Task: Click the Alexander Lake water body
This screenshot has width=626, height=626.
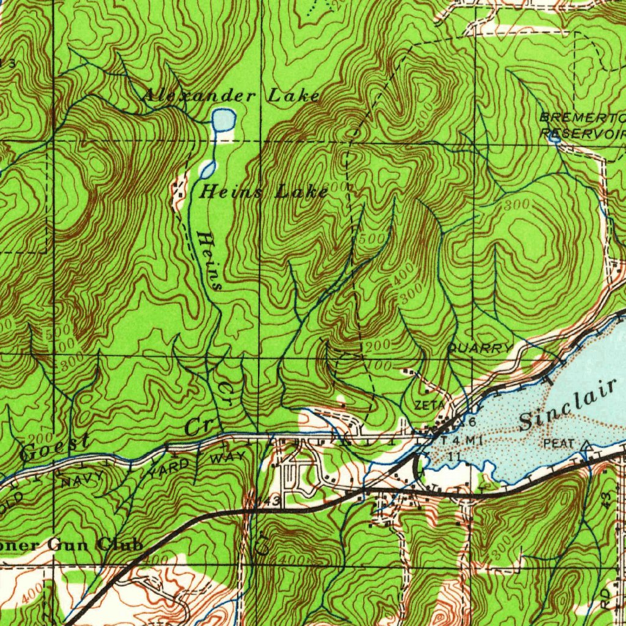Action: (x=223, y=119)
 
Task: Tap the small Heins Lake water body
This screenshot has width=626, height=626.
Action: (x=208, y=168)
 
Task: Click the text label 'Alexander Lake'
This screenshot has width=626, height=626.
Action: (x=231, y=95)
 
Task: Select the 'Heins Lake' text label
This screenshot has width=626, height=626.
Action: (x=264, y=192)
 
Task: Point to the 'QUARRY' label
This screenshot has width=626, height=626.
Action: (x=480, y=348)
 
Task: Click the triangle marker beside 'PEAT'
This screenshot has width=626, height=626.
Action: (x=587, y=444)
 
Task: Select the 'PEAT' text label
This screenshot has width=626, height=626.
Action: (x=558, y=443)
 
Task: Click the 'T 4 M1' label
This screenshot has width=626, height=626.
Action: (x=457, y=441)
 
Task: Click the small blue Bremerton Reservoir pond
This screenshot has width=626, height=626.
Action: (x=554, y=139)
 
